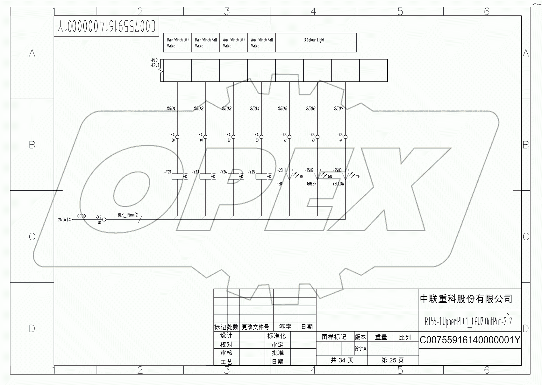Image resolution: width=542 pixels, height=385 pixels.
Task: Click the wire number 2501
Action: tap(171, 108)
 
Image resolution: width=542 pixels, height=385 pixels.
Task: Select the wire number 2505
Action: tap(282, 108)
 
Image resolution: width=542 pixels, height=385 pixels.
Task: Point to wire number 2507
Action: tap(339, 108)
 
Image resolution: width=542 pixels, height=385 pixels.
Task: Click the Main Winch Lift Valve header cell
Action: tap(177, 43)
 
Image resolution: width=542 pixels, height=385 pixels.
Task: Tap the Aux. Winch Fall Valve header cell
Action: tap(261, 43)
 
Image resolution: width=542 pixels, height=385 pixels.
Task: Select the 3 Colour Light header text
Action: tap(314, 40)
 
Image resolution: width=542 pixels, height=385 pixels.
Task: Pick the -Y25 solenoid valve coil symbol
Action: tap(261, 176)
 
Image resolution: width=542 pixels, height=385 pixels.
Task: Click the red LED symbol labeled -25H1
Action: tap(289, 176)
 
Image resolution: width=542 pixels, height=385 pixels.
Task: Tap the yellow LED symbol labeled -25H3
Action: tap(346, 176)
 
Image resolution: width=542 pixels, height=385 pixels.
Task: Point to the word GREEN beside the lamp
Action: tap(311, 184)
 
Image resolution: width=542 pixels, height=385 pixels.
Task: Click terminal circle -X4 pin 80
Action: tap(177, 137)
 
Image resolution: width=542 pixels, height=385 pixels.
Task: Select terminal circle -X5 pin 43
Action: tap(317, 137)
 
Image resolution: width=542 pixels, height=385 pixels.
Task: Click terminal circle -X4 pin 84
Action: tap(104, 220)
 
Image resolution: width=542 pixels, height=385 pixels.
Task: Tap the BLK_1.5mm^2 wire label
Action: tap(128, 215)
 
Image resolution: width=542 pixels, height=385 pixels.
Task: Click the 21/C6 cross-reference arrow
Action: tap(70, 219)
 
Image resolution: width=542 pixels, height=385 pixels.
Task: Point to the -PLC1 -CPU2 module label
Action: tap(155, 63)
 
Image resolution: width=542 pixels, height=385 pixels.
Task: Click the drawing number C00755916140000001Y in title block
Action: tap(470, 340)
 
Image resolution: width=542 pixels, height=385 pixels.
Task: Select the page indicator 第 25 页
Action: tap(393, 360)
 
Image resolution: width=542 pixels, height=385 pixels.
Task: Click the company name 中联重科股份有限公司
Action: tap(466, 299)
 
